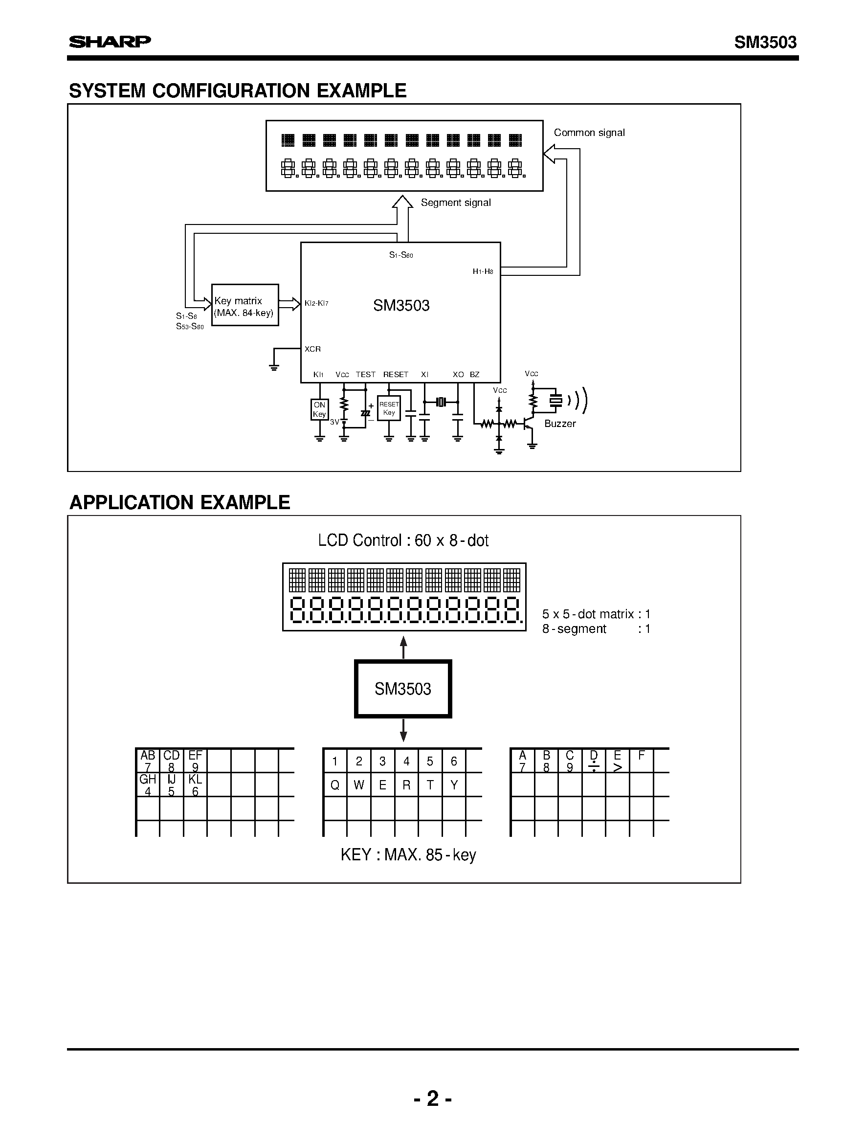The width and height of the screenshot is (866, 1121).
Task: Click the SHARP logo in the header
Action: (110, 42)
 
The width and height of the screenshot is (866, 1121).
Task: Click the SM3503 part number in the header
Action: (765, 42)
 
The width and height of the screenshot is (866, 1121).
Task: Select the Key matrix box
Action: (244, 305)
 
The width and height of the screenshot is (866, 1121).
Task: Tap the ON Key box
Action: (319, 409)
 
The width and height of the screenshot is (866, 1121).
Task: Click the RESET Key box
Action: (389, 408)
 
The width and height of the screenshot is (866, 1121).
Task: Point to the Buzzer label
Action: (560, 424)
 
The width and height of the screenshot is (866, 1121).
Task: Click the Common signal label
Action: (589, 133)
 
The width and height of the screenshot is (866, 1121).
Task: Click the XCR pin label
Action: (312, 349)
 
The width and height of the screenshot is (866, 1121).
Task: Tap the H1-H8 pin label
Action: (483, 271)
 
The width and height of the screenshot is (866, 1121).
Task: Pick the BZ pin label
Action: (474, 375)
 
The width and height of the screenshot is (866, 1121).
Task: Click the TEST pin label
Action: (365, 375)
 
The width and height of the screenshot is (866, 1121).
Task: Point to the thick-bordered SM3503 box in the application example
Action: (403, 689)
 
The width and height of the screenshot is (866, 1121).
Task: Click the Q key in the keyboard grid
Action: (335, 785)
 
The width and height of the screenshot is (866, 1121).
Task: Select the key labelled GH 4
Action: (148, 785)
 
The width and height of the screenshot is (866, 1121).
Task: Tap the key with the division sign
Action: (594, 761)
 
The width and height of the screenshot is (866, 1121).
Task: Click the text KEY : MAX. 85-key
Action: (408, 854)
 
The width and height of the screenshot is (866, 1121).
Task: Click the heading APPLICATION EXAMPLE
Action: (179, 502)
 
